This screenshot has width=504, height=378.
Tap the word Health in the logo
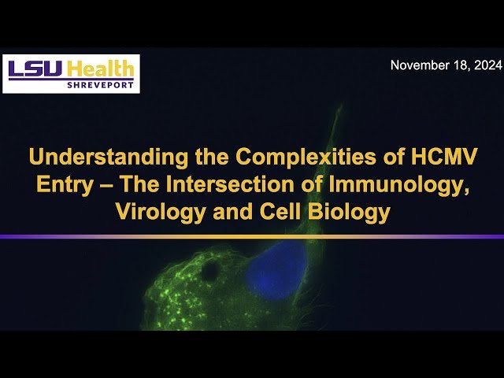pyautogui.click(x=102, y=69)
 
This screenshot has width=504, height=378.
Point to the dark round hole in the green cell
pyautogui.click(x=211, y=272)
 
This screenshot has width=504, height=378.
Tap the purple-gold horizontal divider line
pyautogui.click(x=252, y=236)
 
